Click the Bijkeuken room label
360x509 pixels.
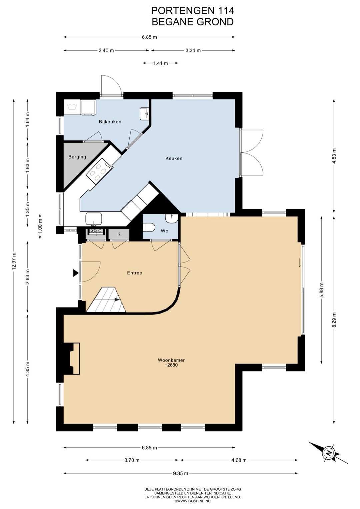(x=110, y=122)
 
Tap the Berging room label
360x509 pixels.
(x=77, y=157)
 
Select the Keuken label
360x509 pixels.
(x=174, y=158)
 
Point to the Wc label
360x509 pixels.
(x=164, y=231)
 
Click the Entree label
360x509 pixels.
(x=134, y=273)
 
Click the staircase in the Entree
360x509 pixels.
(x=106, y=299)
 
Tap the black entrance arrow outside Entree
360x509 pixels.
(x=76, y=273)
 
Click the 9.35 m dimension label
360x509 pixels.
(x=181, y=473)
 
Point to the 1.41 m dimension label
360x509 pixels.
(x=161, y=63)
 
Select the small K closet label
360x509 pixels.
(x=119, y=234)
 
